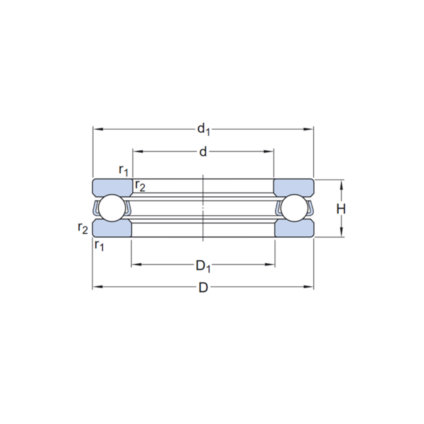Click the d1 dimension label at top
click(204, 129)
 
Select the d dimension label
click(203, 152)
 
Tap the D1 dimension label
click(203, 266)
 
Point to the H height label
click(341, 209)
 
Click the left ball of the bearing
click(112, 208)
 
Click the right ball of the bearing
click(295, 208)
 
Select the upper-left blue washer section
click(112, 187)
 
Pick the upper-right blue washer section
click(294, 187)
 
